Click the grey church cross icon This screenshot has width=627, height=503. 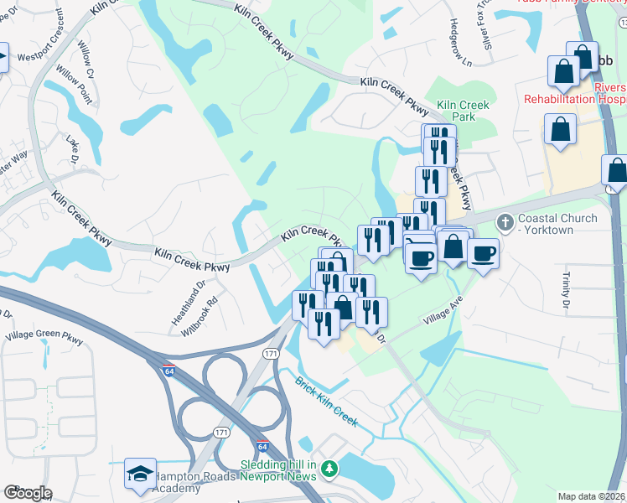pos(505,222)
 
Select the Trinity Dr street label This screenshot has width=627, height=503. pos(567,288)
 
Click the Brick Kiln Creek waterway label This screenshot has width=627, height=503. pos(326,402)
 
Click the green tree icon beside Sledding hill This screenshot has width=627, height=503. pos(331,467)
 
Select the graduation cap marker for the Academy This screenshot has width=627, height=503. pos(140,474)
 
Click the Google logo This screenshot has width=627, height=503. pos(28,493)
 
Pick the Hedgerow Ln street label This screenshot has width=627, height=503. pos(461,43)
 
